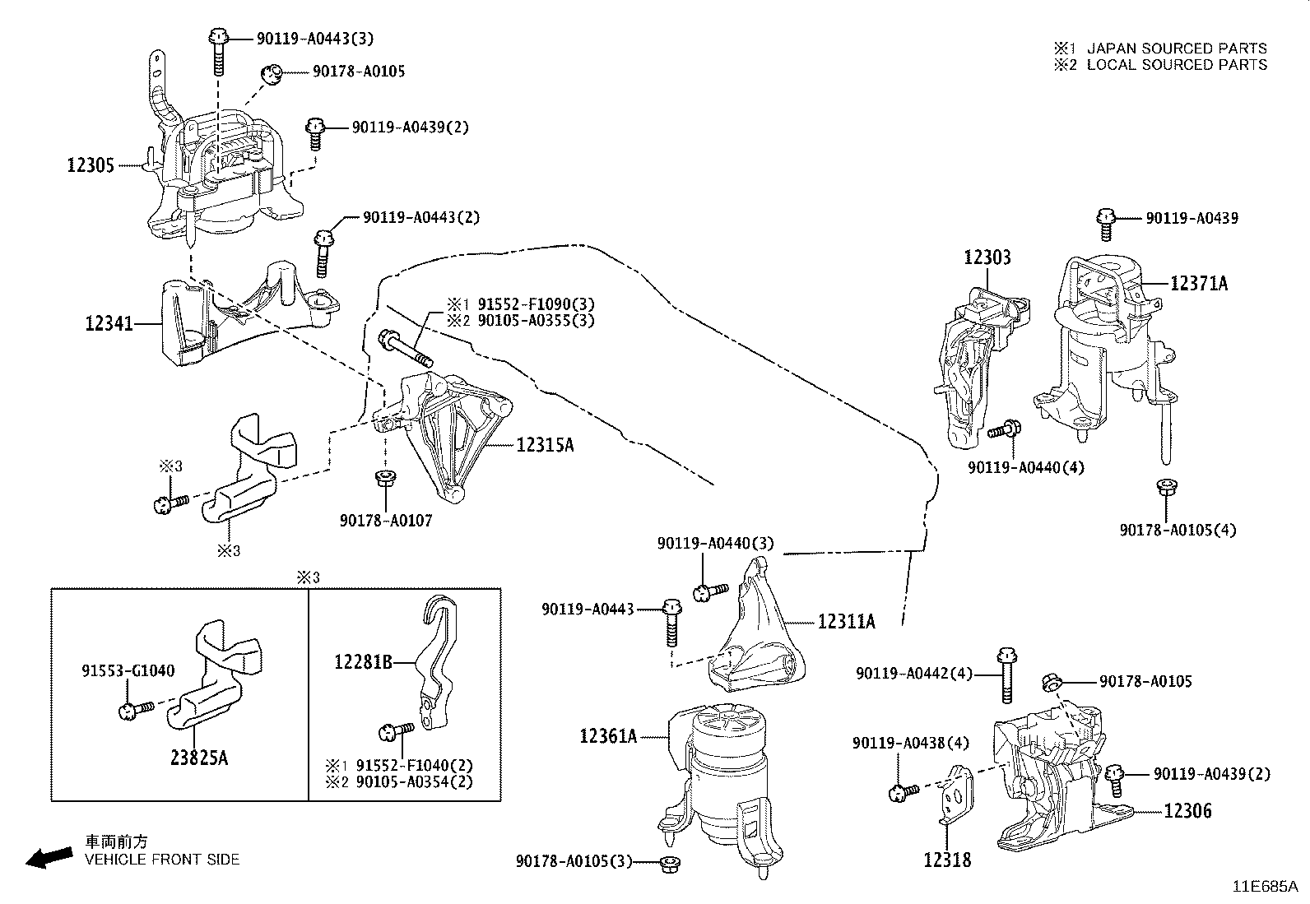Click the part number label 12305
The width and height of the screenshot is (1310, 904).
point(90,165)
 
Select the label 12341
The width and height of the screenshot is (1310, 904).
point(109,323)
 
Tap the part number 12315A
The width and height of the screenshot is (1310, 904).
point(545,445)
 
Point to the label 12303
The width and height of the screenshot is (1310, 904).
point(987,257)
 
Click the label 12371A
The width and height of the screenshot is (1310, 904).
point(1198,283)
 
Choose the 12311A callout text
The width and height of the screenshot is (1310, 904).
point(846,622)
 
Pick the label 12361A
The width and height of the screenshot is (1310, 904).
point(608,735)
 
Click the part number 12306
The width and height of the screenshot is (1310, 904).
point(1187,811)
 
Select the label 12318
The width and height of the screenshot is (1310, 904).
point(946,860)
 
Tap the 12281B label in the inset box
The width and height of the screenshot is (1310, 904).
point(363,661)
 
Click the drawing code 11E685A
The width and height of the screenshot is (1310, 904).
point(1264,886)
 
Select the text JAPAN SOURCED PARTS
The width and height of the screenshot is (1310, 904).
point(1177,49)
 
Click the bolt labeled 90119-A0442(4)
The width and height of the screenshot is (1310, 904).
point(1006,675)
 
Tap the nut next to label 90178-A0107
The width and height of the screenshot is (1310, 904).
point(383,478)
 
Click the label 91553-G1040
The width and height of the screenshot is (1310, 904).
point(128,670)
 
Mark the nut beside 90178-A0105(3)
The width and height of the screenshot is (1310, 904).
point(668,863)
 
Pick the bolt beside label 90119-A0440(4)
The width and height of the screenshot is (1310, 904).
point(1005,429)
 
